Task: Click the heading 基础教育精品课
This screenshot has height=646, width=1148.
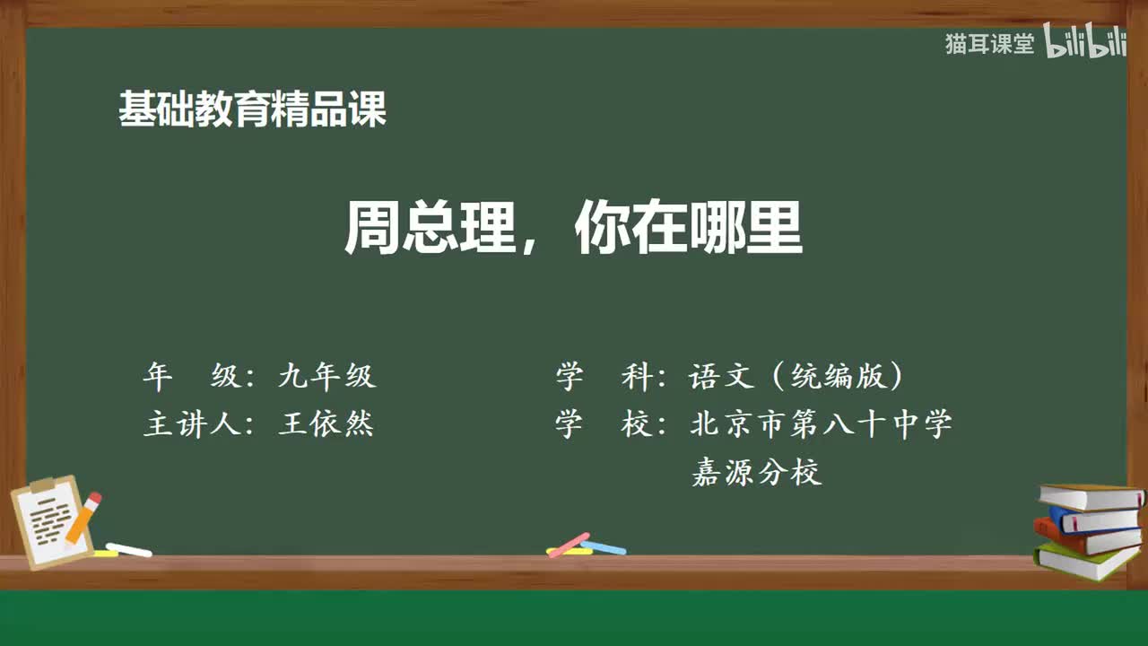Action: [x=252, y=110]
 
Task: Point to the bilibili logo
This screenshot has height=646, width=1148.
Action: [x=1085, y=43]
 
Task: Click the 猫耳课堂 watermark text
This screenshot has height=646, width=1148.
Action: [x=989, y=44]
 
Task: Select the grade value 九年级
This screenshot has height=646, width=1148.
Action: [x=326, y=377]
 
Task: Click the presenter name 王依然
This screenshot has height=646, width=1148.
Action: [x=326, y=424]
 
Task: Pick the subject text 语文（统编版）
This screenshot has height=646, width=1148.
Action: [x=796, y=377]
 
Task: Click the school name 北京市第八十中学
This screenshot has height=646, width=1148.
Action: [x=821, y=424]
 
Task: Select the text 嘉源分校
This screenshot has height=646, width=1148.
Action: [x=756, y=472]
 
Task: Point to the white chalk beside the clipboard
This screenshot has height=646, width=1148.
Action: [x=128, y=549]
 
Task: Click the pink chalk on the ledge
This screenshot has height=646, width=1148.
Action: [x=569, y=545]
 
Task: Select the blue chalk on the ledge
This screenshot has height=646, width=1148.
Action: [x=604, y=547]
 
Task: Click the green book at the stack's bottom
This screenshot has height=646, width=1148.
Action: [x=1085, y=560]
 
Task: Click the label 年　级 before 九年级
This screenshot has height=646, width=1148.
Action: [x=192, y=377]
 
